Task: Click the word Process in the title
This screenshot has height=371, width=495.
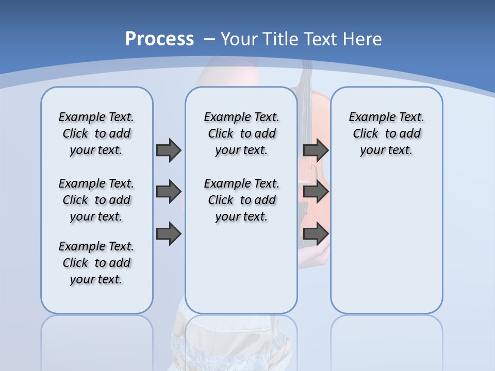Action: point(159,39)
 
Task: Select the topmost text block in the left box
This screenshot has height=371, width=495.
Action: point(96,133)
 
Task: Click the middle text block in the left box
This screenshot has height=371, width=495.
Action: point(96,200)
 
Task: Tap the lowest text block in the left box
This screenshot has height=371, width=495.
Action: point(96,263)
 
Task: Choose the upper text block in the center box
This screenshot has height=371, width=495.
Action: point(241,133)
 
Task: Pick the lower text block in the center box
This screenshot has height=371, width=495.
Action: point(241,200)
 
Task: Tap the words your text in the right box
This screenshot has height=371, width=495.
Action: point(386,150)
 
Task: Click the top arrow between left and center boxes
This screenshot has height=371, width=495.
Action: point(169,150)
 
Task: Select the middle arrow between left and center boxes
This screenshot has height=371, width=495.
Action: point(169,192)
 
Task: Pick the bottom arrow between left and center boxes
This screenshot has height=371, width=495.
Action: point(169,233)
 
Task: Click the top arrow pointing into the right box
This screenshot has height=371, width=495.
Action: point(316,150)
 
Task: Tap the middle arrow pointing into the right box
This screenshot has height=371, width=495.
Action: point(316,192)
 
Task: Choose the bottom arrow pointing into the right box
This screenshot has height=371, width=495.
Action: point(316,233)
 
